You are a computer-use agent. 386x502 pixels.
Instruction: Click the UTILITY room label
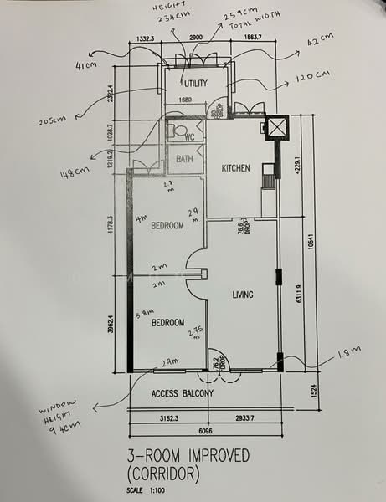[195, 83]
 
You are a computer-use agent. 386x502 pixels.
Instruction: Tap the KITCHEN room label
[235, 168]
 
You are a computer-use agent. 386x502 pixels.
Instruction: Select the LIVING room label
[243, 295]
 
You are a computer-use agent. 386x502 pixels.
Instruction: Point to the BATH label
[185, 159]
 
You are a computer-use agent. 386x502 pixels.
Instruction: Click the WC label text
[189, 136]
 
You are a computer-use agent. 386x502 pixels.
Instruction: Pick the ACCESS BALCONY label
[182, 393]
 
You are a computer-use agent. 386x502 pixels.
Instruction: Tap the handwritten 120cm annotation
[313, 76]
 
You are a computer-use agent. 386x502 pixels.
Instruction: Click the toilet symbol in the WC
[177, 131]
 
